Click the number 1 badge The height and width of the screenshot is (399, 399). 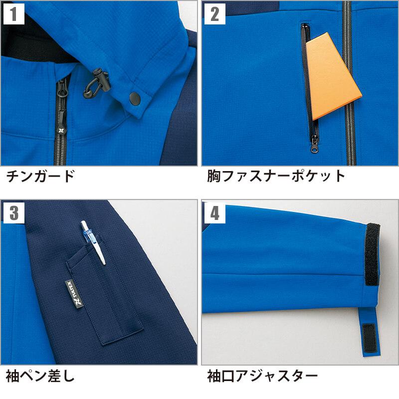coord(14,14)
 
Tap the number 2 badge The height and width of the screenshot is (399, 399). coord(215,14)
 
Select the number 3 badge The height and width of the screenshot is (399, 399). coord(14,213)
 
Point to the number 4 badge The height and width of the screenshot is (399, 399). coord(215,213)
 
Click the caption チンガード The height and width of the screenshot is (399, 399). coord(40,176)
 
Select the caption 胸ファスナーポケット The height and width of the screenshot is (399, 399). coord(276,176)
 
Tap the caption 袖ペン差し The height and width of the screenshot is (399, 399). coord(40,376)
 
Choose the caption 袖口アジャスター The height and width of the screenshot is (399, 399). coord(262,376)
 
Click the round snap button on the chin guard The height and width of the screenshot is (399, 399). coord(135,99)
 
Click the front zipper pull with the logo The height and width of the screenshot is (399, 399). coord(61,122)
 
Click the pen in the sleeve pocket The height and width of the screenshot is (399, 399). coord(93,242)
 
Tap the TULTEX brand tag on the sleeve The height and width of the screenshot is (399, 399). coord(74,293)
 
